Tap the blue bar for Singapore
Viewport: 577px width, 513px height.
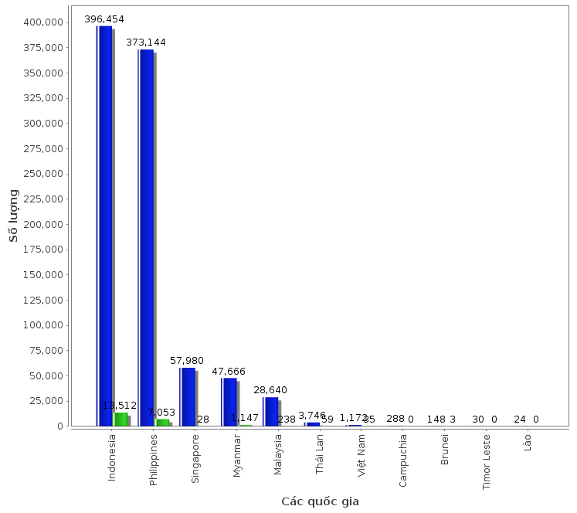188,396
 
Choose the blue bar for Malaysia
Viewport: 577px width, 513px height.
271,411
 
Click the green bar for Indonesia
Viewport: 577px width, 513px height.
120,419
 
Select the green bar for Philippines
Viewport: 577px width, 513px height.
162,422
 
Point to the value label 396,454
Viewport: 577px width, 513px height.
104,19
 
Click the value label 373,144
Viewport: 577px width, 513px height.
146,42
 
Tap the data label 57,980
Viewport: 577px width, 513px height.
188,361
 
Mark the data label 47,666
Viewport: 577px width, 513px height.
229,371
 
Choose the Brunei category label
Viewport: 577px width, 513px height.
445,450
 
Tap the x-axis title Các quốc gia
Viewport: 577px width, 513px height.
320,501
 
